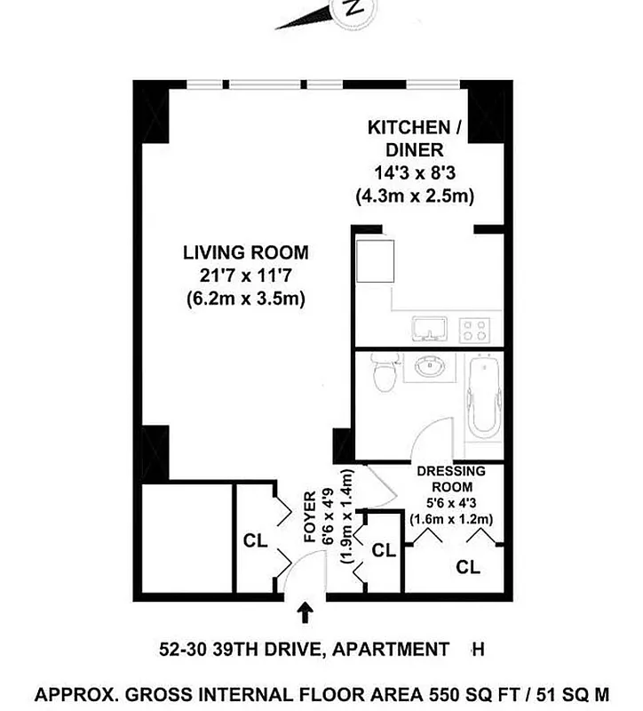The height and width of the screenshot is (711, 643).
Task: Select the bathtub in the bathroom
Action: (x=483, y=398)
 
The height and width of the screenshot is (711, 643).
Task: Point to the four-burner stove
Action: (x=475, y=330)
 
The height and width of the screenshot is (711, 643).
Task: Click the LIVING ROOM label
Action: (x=246, y=252)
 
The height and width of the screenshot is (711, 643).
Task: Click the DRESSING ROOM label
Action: (x=451, y=479)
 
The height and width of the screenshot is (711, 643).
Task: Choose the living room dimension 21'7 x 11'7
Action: (x=246, y=276)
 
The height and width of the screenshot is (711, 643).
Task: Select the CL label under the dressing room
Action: (x=468, y=566)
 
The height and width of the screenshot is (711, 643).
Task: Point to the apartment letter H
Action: (x=477, y=650)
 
